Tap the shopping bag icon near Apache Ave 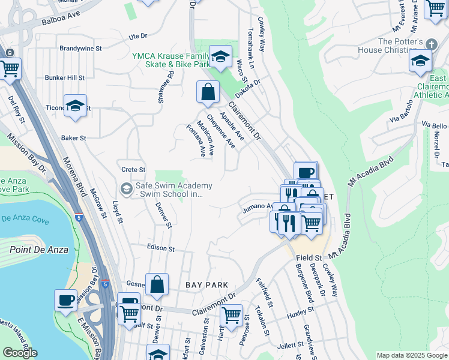[208, 92]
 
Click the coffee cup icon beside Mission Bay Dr [65, 299]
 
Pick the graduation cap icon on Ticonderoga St [75, 105]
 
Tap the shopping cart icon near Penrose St [231, 314]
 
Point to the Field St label [309, 257]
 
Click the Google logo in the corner [20, 353]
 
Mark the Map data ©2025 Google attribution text [411, 355]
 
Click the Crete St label [133, 170]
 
